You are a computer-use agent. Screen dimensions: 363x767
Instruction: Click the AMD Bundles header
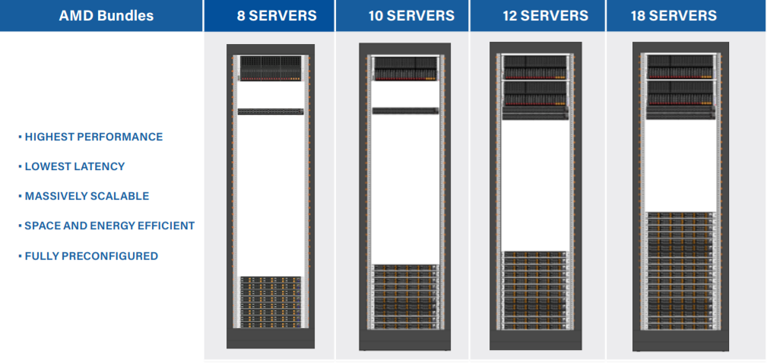coord(101,16)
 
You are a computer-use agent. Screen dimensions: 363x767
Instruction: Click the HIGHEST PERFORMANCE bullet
coord(93,137)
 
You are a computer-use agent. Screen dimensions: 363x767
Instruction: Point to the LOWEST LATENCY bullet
coord(74,166)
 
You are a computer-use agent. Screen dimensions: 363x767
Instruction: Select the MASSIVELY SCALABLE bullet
coord(87,196)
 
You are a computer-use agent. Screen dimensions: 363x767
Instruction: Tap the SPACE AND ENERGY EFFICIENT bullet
coord(109,226)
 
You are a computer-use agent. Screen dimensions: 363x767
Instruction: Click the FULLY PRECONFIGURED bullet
coord(91,256)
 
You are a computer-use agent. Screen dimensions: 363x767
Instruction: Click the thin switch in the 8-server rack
coord(271,112)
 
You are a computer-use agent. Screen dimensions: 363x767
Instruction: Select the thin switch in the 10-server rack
coord(405,111)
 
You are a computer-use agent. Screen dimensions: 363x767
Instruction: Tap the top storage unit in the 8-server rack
coord(271,67)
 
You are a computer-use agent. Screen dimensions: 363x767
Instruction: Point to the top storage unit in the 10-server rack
coord(405,68)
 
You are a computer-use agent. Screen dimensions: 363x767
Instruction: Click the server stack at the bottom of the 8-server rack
coord(271,302)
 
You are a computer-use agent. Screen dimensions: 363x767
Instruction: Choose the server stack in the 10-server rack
coord(405,296)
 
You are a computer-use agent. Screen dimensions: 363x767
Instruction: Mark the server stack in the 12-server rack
coord(536,289)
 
